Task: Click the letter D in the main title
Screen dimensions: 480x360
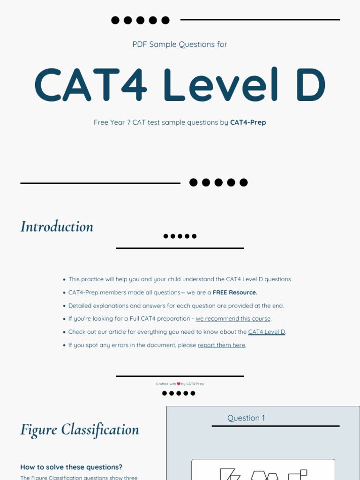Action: click(307, 85)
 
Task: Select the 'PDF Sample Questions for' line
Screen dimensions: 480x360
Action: click(180, 45)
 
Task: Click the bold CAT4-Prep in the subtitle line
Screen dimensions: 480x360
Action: click(248, 122)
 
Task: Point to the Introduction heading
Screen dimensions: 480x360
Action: click(57, 226)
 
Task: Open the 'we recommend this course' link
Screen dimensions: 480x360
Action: click(233, 319)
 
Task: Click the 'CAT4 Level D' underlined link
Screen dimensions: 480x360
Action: click(266, 332)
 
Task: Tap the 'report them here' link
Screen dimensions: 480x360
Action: click(221, 345)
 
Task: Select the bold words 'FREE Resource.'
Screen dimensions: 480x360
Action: click(235, 292)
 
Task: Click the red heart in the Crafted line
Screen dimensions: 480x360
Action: click(179, 384)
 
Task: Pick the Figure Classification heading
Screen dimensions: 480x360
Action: click(80, 429)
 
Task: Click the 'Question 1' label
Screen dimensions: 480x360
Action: click(246, 418)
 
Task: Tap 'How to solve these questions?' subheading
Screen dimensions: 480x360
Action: click(71, 467)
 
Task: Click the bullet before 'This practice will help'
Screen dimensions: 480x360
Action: click(64, 279)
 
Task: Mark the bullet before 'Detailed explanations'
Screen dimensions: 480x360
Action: click(64, 306)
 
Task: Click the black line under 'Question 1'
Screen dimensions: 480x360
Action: click(275, 426)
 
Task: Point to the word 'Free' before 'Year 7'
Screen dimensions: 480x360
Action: click(101, 122)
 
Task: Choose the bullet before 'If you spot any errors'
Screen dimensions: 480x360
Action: click(64, 345)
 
